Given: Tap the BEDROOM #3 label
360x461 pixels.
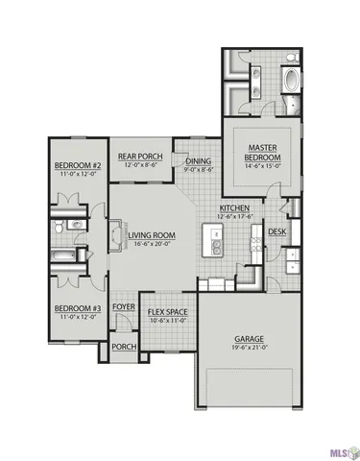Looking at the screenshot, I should click(73, 306).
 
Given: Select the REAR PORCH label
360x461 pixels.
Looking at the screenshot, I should click(139, 156).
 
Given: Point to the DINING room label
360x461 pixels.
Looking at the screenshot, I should click(199, 161).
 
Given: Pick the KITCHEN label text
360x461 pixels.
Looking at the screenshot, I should click(234, 207).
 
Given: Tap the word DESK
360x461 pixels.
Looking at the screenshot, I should click(276, 231).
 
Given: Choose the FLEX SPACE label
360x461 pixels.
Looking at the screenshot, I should click(167, 312).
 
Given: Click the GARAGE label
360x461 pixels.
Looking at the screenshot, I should click(252, 339).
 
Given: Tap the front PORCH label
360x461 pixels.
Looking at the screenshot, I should click(123, 347).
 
